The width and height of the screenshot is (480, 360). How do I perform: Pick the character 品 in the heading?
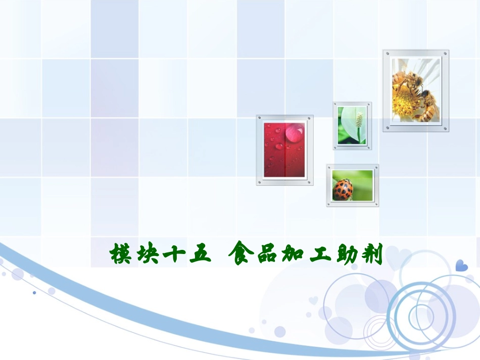pyautogui.click(x=265, y=253)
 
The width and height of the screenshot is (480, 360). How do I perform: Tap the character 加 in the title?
pyautogui.click(x=293, y=253)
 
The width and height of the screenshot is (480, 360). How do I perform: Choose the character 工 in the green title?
pyautogui.click(x=319, y=253)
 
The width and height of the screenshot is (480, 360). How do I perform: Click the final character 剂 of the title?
pyautogui.click(x=373, y=253)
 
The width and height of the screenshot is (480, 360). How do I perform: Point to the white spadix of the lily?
pyautogui.click(x=359, y=120)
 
